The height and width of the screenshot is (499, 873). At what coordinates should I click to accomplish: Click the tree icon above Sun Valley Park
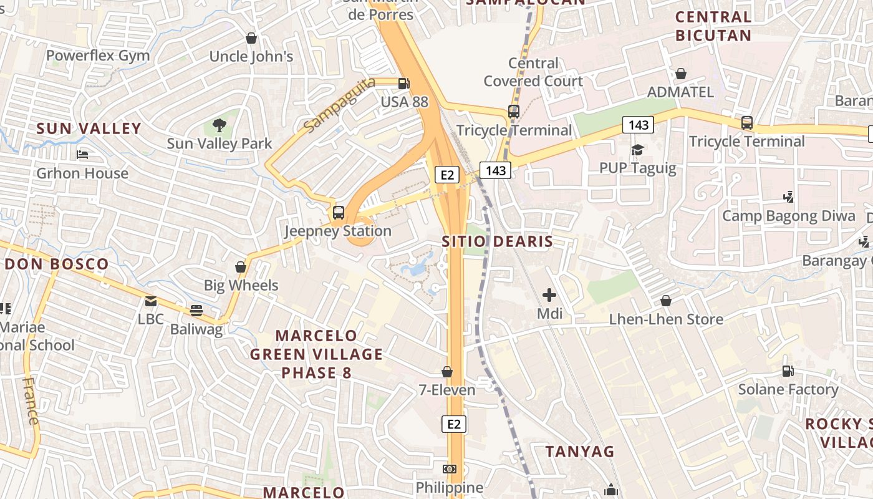click(x=219, y=125)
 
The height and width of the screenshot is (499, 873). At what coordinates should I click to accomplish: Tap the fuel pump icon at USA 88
click(x=404, y=82)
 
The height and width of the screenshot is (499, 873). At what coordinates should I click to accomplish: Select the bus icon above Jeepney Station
click(x=338, y=213)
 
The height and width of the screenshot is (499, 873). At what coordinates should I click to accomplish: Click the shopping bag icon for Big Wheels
click(x=241, y=267)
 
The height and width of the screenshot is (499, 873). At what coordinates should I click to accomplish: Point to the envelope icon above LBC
click(x=151, y=301)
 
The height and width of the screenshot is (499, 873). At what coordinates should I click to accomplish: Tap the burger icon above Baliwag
click(x=196, y=311)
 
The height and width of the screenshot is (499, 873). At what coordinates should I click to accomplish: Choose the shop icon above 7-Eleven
click(x=446, y=372)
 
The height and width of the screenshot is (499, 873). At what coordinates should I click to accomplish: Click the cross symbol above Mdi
click(x=549, y=295)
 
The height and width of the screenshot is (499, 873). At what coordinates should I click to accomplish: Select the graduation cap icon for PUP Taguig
click(x=637, y=150)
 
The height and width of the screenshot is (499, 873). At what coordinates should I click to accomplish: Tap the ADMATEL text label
click(x=680, y=92)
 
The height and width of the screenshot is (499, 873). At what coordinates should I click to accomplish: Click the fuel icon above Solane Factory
click(x=788, y=371)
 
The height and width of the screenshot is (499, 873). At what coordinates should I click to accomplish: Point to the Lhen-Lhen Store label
click(x=666, y=319)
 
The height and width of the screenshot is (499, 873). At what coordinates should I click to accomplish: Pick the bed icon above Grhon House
click(x=82, y=155)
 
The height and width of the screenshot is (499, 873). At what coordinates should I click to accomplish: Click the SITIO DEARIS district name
click(x=497, y=241)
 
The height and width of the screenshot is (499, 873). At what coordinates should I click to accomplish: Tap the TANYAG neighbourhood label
click(x=580, y=451)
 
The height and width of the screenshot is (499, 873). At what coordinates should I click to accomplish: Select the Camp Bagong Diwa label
click(x=788, y=216)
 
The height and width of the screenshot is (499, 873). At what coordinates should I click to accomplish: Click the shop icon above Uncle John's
click(x=251, y=39)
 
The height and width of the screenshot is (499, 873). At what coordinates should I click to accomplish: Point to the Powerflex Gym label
click(x=98, y=56)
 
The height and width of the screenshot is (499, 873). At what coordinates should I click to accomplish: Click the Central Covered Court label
click(x=533, y=72)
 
